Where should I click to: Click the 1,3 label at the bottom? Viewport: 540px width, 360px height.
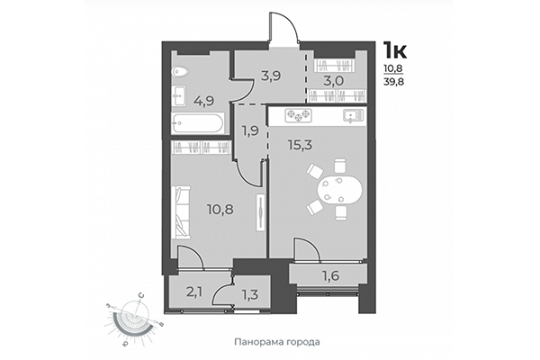pyautogui.click(x=249, y=292)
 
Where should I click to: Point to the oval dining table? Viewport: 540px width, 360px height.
pyautogui.click(x=338, y=190)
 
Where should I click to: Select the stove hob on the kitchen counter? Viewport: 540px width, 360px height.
pyautogui.click(x=298, y=114)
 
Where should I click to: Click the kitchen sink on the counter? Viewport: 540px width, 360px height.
pyautogui.click(x=348, y=114)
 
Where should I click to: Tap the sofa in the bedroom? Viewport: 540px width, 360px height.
pyautogui.click(x=184, y=210)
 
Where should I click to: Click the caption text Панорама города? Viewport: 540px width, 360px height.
pyautogui.click(x=276, y=343)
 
